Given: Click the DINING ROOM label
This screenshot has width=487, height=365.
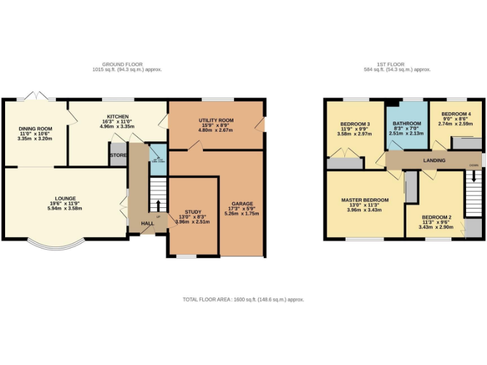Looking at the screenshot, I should click(36, 129).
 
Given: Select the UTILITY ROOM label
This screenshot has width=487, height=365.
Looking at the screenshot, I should click(216, 120).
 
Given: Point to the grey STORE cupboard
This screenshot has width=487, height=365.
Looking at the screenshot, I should click(118, 155).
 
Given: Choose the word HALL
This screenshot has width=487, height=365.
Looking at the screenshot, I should click(146, 223).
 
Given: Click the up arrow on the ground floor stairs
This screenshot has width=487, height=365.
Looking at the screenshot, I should click(158, 205).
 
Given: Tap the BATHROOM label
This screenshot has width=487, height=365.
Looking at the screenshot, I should click(406, 123).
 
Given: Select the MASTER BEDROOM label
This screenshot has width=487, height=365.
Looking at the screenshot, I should click(365, 200).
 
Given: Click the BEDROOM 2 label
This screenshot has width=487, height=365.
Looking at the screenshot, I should click(437, 216).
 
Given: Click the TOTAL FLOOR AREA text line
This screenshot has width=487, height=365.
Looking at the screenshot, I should click(243, 298).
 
